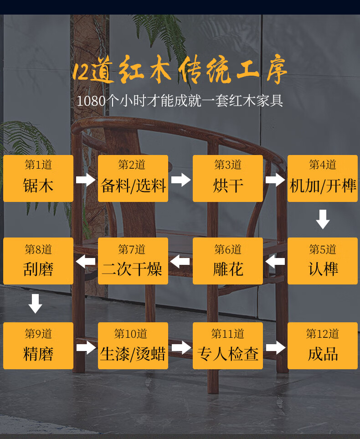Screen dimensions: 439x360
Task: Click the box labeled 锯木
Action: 38,178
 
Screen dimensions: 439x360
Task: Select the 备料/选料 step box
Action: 133,178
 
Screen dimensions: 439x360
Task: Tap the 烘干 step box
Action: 228,178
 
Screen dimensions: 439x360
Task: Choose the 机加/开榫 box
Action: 323,178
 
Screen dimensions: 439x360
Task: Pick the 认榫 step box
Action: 323,261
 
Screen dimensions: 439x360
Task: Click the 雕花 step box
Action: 228,261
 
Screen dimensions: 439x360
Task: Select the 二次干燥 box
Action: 133,261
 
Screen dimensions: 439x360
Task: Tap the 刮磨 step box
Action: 38,261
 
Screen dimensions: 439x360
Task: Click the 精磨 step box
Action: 38,346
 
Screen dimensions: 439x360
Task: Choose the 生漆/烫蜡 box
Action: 133,346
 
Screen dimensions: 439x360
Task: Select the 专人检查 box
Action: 228,346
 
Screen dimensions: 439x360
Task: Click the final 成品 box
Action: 323,346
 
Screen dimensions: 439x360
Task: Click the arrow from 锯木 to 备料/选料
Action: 86,179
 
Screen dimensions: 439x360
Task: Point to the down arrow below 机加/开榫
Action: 323,219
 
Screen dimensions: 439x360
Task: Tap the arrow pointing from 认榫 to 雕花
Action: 275,262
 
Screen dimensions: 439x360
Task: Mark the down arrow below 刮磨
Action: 35,304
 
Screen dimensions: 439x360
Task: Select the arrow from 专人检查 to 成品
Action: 275,348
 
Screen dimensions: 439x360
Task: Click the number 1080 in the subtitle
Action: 91,101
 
